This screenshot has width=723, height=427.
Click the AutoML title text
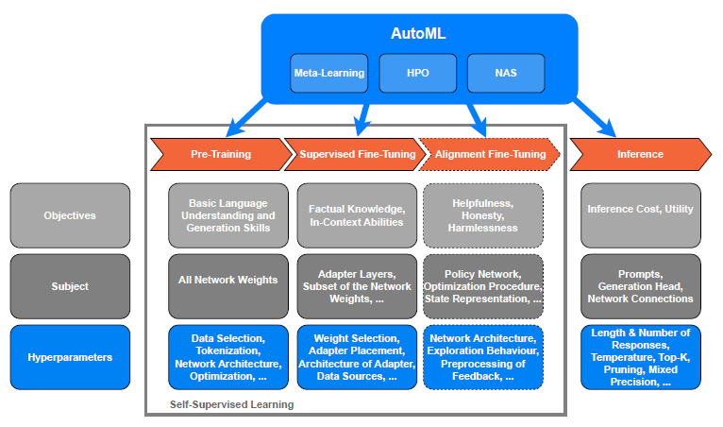(417, 33)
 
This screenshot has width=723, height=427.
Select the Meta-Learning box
(328, 74)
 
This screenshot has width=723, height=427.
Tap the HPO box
(417, 74)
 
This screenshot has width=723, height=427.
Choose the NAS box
(506, 74)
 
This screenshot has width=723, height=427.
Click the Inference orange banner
(639, 154)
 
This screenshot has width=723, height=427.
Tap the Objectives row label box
(70, 215)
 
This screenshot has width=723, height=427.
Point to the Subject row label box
(70, 286)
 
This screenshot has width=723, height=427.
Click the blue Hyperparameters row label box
(70, 357)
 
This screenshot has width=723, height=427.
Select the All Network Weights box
(228, 286)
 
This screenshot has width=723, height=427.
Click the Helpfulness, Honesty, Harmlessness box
(483, 215)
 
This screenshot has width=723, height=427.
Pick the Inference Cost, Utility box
(640, 215)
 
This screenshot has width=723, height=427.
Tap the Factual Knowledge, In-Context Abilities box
(356, 215)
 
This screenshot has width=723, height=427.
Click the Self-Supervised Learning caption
(231, 404)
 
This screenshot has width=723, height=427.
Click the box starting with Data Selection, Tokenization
(228, 357)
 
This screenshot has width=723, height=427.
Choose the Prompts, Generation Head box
(640, 286)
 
